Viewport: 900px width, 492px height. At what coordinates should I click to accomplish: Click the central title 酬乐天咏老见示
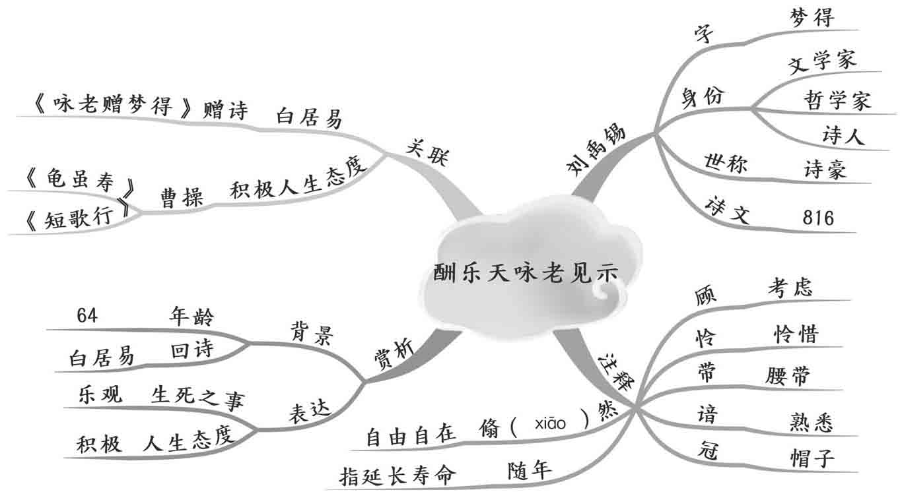coord(527,272)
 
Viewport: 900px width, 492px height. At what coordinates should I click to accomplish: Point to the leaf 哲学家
coord(837,100)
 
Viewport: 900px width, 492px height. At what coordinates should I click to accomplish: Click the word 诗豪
coord(825,169)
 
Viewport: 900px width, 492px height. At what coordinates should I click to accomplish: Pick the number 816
coord(818,218)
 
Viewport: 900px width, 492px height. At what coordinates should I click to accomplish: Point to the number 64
coord(87,316)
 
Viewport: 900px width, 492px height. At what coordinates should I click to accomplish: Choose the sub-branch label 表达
coord(308,411)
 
